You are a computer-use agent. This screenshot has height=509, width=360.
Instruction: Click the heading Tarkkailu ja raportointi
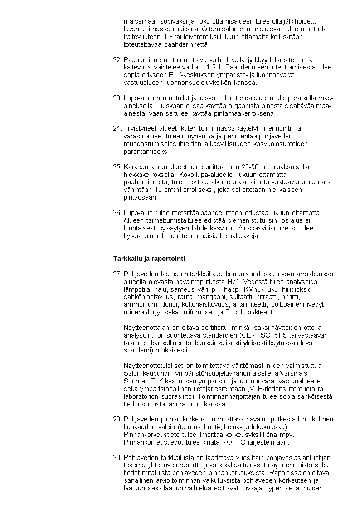coord(149,259)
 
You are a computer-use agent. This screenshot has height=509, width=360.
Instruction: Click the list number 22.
coord(117,60)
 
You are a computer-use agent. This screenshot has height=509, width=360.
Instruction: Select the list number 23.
coord(117,98)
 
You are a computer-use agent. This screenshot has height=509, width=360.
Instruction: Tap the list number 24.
coord(117,128)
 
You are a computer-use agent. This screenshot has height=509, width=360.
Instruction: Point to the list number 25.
coord(117,167)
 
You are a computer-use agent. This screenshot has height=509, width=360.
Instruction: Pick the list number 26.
coord(117,213)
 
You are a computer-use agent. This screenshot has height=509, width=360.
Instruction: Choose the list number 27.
coord(117,274)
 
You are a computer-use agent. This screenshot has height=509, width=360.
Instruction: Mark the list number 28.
coord(117,419)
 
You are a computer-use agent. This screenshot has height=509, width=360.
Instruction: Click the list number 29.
coord(117,457)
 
